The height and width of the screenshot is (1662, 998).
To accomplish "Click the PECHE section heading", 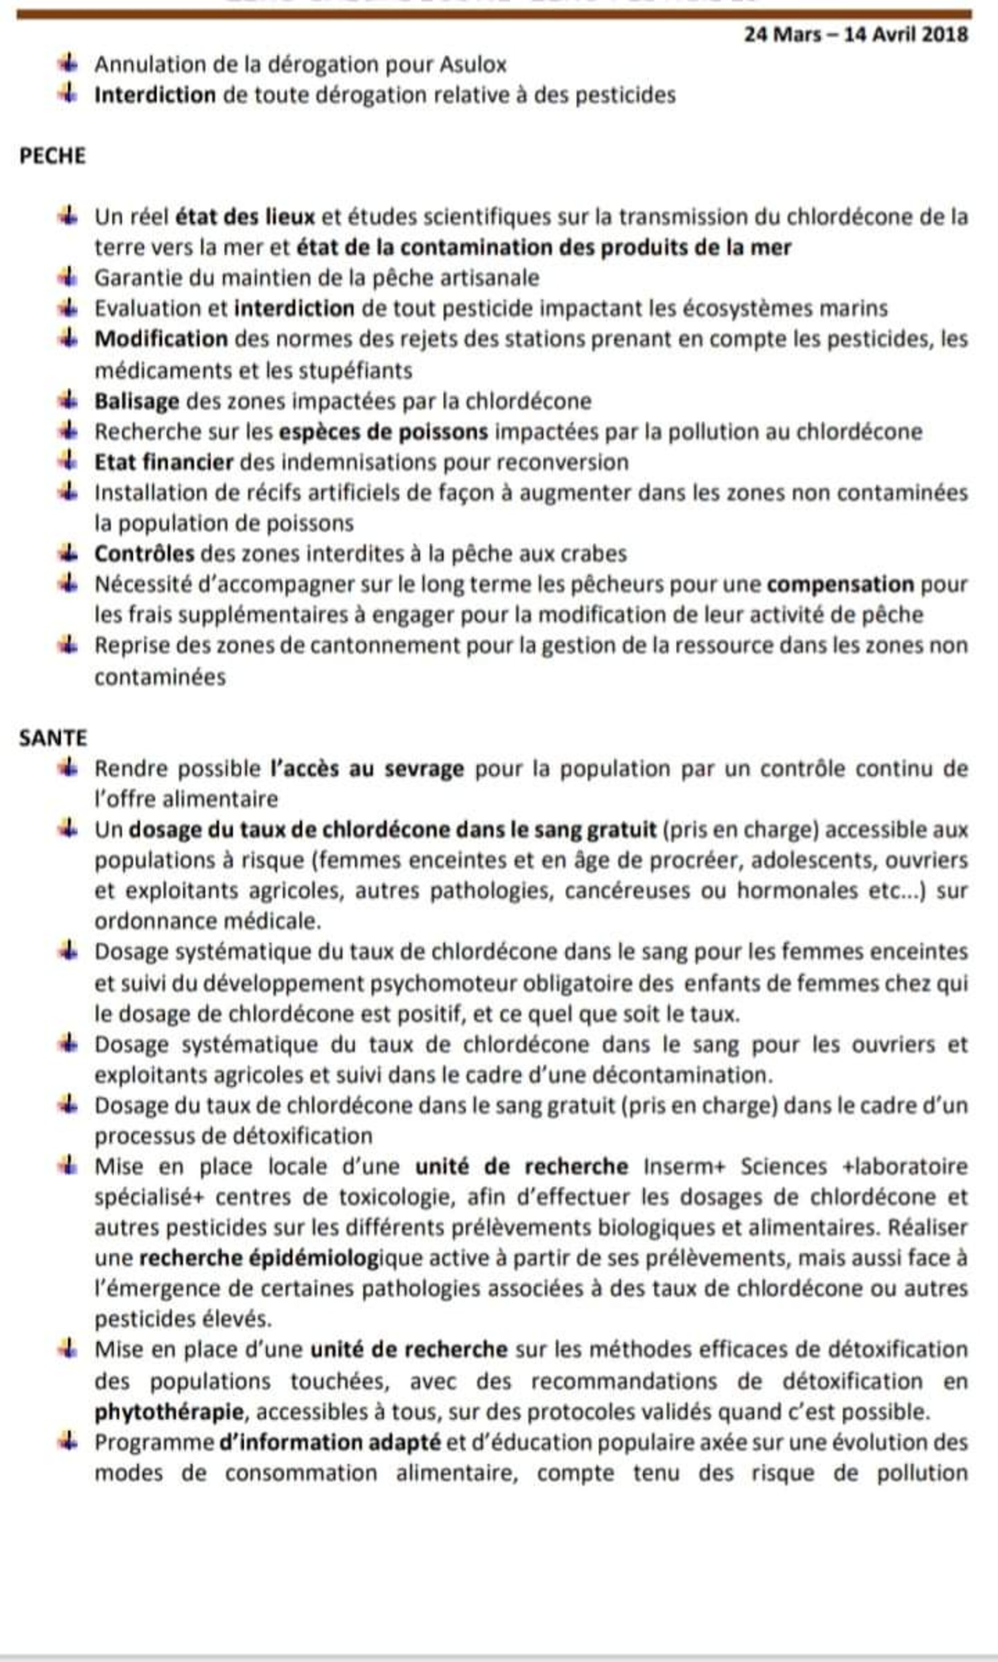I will click(53, 156).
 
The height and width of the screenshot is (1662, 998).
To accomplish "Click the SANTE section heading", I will click(53, 738).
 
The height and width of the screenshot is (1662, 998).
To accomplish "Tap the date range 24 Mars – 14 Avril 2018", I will click(856, 35).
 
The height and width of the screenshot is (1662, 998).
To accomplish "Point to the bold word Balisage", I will click(137, 401).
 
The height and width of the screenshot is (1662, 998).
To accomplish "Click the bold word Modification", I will click(161, 339).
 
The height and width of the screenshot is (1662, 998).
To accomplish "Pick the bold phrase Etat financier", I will click(163, 463).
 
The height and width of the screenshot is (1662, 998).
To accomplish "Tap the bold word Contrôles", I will click(144, 554).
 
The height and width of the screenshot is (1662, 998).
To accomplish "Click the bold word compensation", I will click(840, 584).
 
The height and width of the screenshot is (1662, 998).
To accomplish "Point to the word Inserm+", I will click(684, 1167).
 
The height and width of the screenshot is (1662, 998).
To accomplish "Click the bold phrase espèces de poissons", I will click(383, 432).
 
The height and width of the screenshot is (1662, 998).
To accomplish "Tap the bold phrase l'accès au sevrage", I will click(367, 768).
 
